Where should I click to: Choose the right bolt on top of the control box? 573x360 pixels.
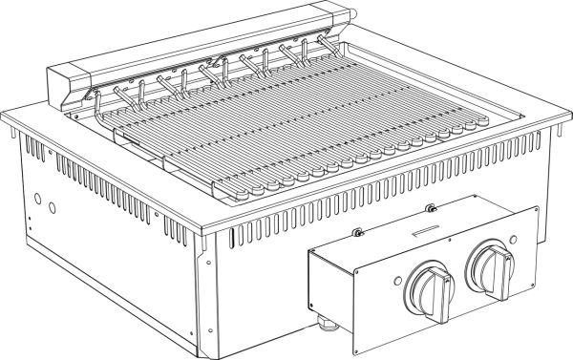[431, 208]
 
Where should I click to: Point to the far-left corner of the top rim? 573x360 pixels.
[6, 122]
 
